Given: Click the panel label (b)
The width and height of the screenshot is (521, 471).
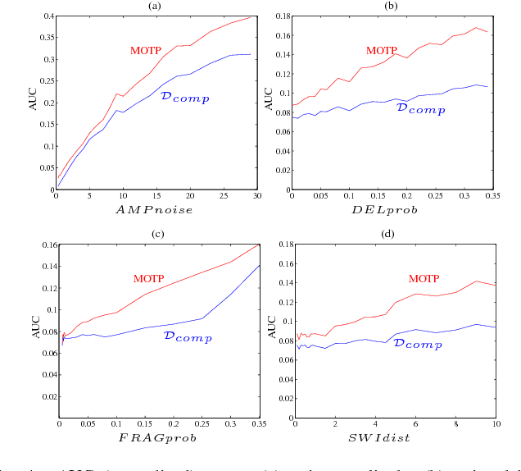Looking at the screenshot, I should (392, 6).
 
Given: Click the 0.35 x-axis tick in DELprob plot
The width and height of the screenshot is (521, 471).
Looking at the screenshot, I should (491, 197).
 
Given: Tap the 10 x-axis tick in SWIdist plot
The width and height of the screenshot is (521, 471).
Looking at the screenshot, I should (494, 426).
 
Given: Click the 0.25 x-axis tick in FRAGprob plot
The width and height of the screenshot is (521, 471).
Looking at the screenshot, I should (202, 426).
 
